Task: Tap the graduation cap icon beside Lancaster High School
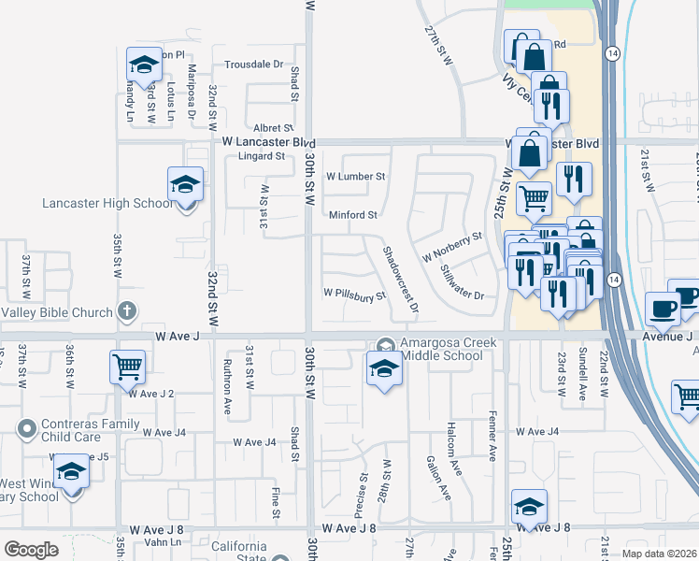point(185,185)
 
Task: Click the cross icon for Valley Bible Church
point(128,311)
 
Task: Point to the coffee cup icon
point(663,309)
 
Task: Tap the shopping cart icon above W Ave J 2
point(128,366)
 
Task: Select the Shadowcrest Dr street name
point(399,279)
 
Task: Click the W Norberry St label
point(451,245)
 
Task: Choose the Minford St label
point(353,215)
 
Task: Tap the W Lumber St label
point(355,176)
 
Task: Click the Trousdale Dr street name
point(253,65)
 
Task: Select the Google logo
point(31,550)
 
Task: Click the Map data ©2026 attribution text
point(658,554)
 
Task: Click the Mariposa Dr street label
point(192,93)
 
